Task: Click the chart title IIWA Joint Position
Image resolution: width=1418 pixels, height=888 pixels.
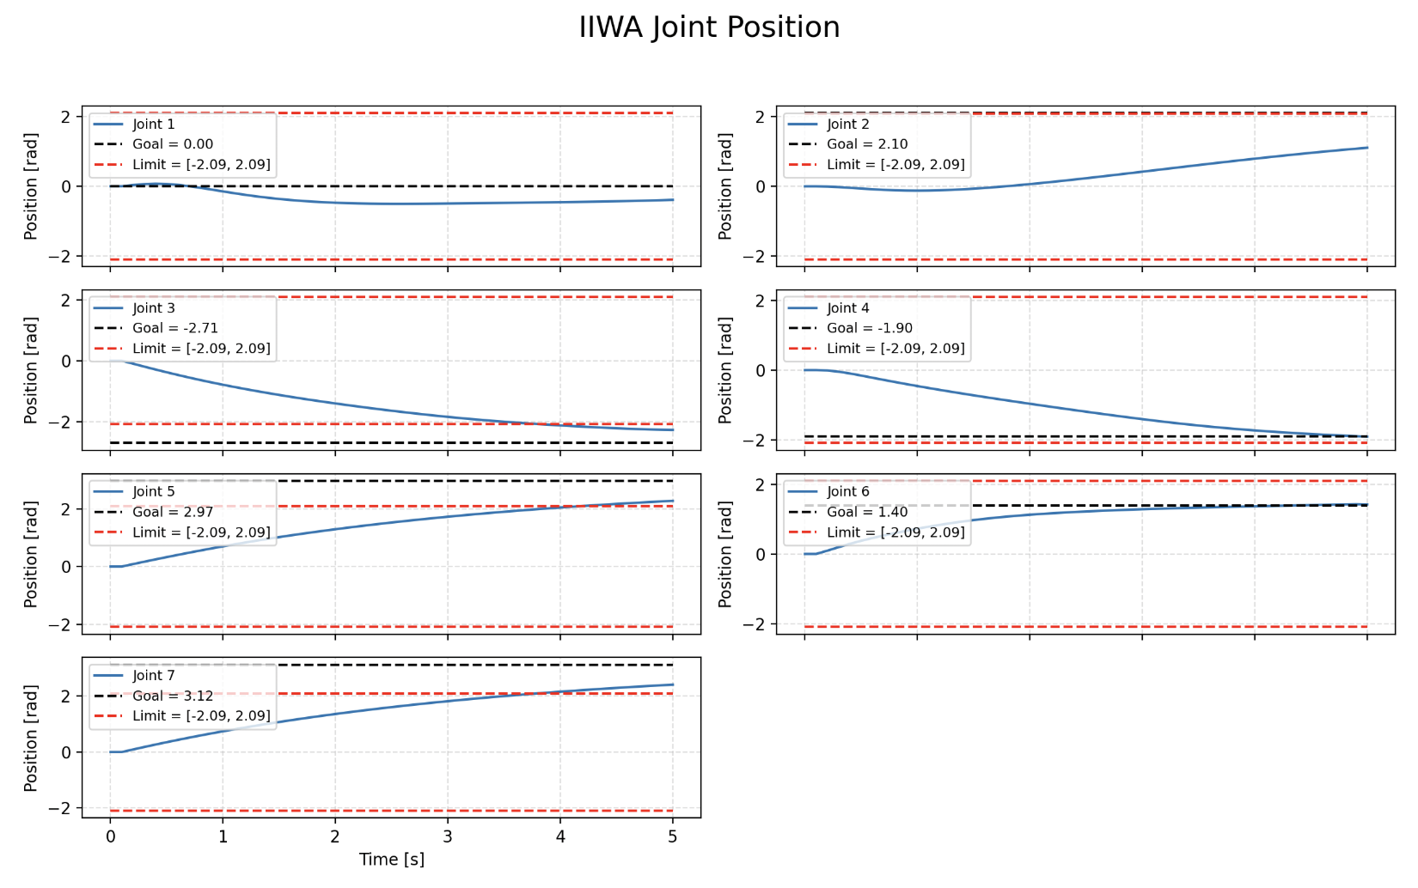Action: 709,27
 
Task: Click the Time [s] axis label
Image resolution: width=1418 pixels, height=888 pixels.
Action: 391,860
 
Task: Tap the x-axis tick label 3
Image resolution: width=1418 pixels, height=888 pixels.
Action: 448,836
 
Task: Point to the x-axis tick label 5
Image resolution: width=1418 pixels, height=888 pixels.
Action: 673,836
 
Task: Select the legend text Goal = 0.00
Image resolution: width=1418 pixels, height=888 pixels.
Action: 173,144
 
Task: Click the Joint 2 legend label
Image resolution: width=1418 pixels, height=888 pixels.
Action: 848,125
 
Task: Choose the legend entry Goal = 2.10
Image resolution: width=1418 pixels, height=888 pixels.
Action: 867,144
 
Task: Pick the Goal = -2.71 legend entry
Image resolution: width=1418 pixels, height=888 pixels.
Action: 175,328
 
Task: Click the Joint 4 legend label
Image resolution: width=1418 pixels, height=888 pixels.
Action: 848,308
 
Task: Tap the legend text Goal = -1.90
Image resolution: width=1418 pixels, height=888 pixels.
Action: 870,328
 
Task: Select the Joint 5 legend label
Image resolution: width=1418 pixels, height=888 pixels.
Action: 154,492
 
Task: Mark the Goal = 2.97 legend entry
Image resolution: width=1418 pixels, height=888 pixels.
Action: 173,512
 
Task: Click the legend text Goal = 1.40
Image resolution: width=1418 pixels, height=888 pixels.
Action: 867,512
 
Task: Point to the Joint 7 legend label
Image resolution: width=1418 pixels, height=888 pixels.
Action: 154,676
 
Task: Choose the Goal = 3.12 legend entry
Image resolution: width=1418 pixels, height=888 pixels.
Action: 173,696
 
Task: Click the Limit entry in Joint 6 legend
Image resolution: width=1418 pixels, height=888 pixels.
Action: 895,532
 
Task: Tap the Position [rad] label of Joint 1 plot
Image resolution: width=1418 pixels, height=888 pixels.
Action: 32,186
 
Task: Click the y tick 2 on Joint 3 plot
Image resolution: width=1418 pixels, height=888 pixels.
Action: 65,301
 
